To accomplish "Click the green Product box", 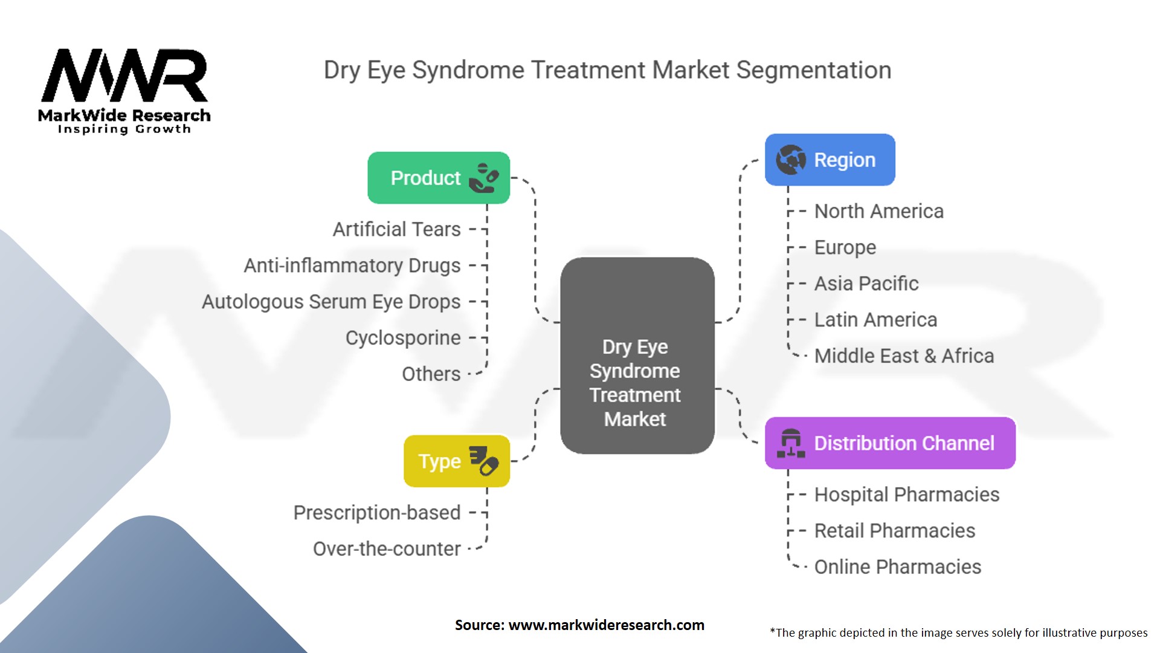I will coord(439,178).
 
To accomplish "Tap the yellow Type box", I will coord(456,461).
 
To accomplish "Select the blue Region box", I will coord(830,160).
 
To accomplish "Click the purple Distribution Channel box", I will coord(890,443).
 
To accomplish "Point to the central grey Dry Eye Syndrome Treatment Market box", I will coord(637,356).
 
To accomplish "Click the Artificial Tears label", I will coord(396,230).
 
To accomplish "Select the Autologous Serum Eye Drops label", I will coord(331,302).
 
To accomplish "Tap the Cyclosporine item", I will coord(403,338).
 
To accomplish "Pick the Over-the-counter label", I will coord(387,549).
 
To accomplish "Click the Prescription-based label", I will coord(377,513).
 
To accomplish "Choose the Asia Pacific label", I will coord(866,284).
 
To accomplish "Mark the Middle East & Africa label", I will coord(904,356).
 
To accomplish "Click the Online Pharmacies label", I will coord(897,567).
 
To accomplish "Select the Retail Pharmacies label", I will coord(894,531).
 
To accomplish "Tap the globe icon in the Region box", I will coord(791,160).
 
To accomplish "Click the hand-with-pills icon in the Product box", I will coord(484,178).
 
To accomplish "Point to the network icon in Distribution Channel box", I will coord(790,443).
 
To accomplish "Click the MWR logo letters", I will coord(124,76).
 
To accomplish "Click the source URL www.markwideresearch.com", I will coord(606,625).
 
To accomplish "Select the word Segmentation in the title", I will coord(813,70).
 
